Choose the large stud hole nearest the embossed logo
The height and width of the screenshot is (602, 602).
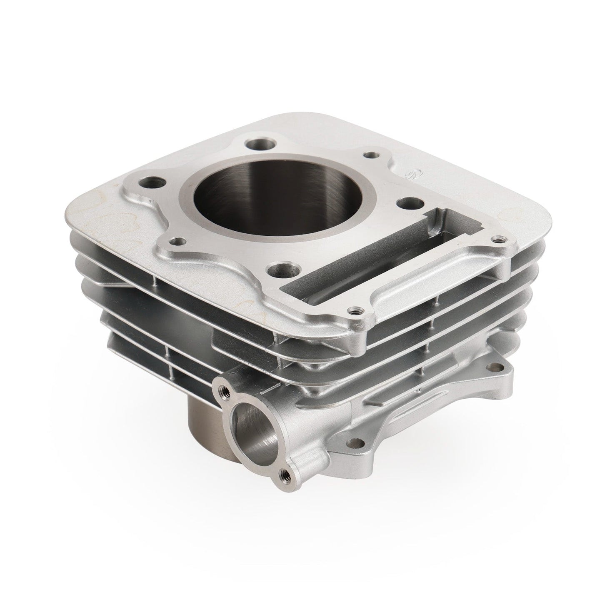point(408,203)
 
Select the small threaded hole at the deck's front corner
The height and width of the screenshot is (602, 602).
point(355,310)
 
